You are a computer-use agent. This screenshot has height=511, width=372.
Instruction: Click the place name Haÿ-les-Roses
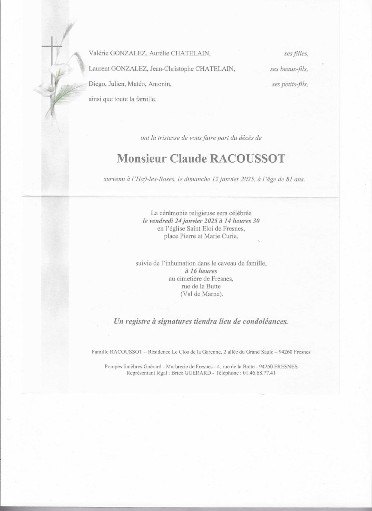(x=152, y=179)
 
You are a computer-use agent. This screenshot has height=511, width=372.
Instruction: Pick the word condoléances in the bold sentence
(x=260, y=321)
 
